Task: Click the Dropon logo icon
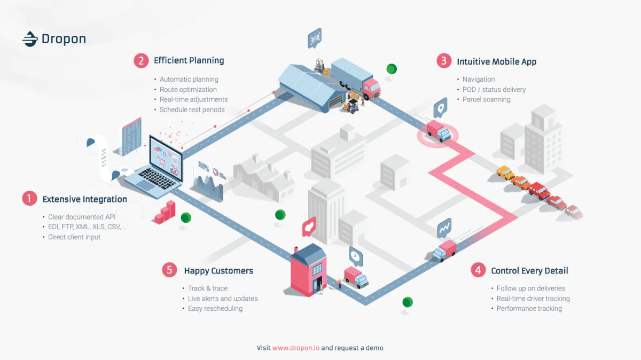tap(29, 39)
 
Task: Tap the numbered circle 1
tap(29, 199)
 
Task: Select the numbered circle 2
tap(141, 60)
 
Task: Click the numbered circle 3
tap(444, 61)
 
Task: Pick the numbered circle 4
tap(478, 270)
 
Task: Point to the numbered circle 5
tap(169, 270)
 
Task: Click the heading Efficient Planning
tap(189, 60)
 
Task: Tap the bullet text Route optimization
tap(188, 89)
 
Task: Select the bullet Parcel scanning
tap(486, 99)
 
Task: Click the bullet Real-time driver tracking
tap(533, 299)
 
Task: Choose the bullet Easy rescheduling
tap(215, 308)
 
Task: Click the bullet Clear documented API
tap(81, 217)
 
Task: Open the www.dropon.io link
tap(295, 348)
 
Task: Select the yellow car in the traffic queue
tap(505, 173)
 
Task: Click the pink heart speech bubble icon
tap(309, 228)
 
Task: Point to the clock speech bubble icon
tap(355, 256)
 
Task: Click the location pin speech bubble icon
tap(440, 107)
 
